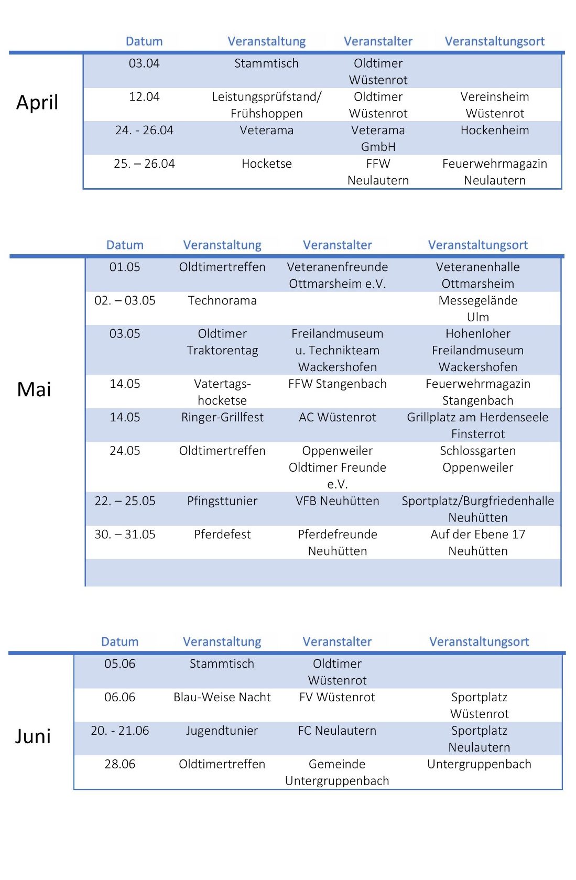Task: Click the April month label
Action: (37, 102)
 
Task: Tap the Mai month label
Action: (34, 389)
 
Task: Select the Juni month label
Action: (33, 736)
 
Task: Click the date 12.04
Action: (144, 97)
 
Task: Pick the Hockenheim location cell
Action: (495, 131)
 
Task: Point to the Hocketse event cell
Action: (266, 164)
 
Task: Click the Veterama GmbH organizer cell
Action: (378, 138)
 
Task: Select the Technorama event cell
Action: (222, 301)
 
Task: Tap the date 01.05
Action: (125, 267)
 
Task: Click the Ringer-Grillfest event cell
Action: (222, 418)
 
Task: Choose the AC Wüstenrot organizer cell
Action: (338, 418)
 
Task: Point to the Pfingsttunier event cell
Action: (222, 501)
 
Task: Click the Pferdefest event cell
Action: (222, 535)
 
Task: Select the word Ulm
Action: (478, 318)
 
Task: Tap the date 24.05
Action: (125, 451)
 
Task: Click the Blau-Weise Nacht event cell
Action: (222, 698)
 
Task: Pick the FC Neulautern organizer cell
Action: (337, 731)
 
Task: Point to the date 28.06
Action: (120, 765)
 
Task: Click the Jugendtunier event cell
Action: (222, 731)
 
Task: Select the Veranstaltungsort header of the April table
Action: (495, 41)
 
